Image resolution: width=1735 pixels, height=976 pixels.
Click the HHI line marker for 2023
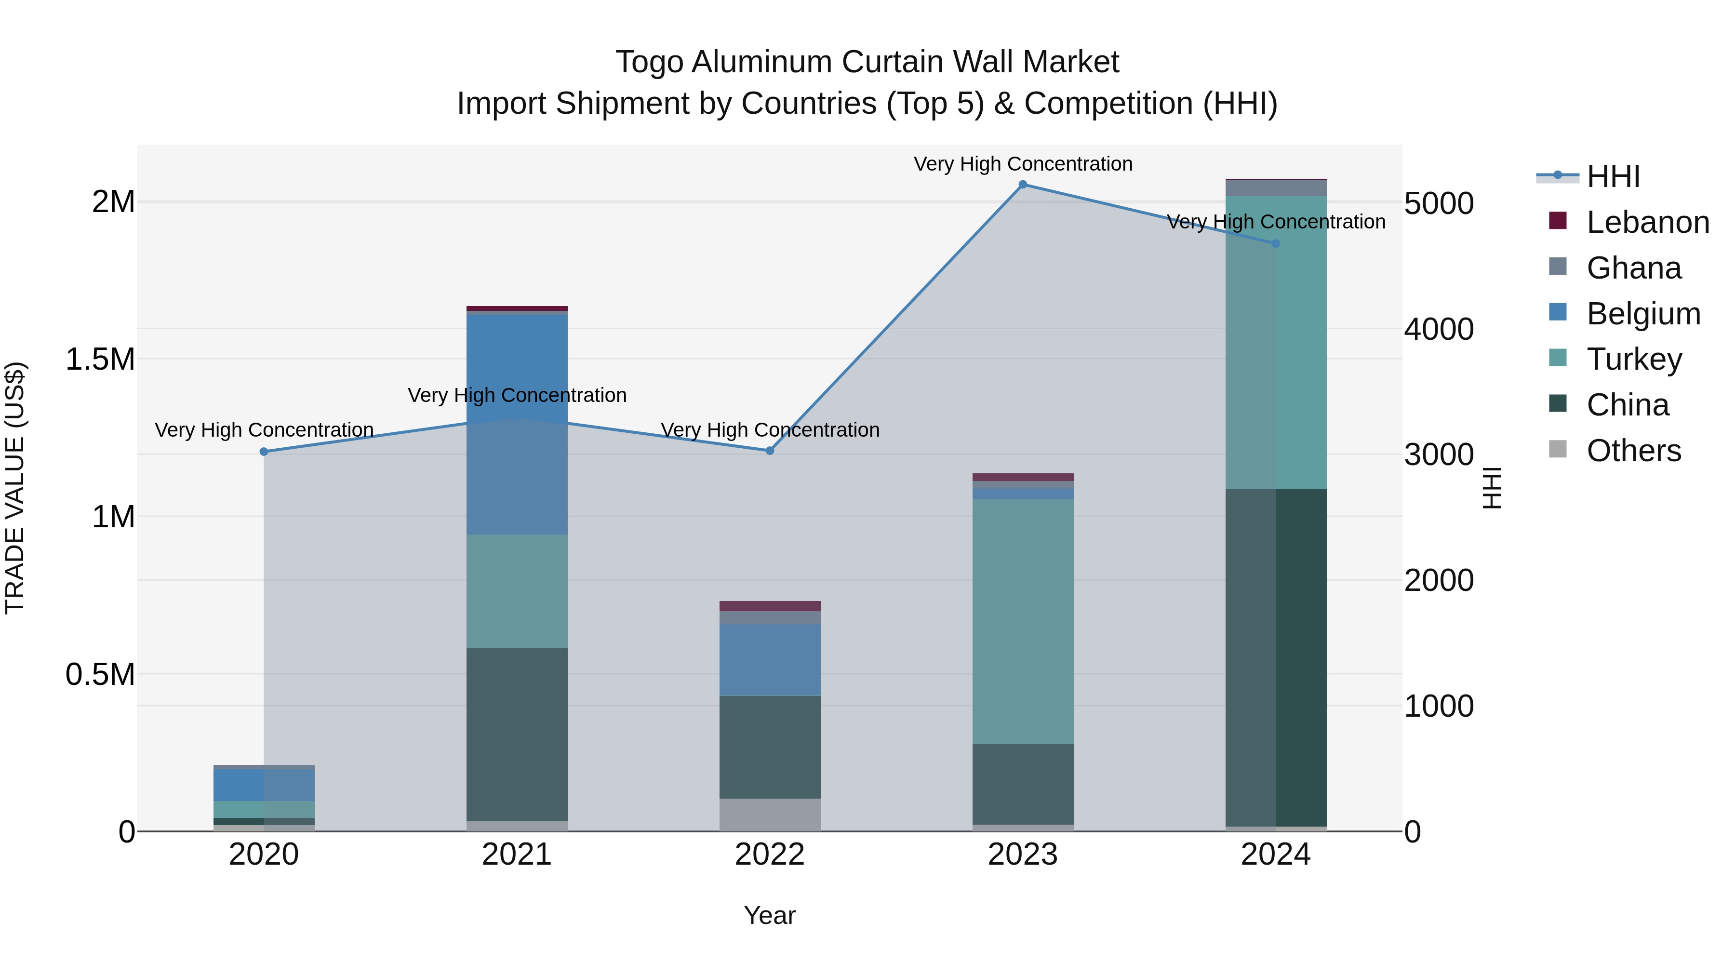coord(1022,185)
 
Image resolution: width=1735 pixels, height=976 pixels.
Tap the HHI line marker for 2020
coord(264,452)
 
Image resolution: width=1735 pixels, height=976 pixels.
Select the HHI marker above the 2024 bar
coord(1276,244)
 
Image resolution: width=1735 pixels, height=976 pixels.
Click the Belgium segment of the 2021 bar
coord(517,424)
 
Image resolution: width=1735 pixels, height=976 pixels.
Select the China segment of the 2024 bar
coord(1276,657)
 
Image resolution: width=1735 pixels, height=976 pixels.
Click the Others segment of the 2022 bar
coord(770,815)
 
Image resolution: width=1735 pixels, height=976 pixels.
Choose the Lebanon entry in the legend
coord(1647,222)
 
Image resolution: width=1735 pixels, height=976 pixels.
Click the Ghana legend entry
coord(1633,268)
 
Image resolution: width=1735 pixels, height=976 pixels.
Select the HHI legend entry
coord(1613,176)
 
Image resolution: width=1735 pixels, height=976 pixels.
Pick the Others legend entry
coord(1633,451)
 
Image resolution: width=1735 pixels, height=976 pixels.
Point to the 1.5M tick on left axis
coord(100,359)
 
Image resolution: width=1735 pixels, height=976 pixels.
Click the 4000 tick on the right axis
coord(1439,329)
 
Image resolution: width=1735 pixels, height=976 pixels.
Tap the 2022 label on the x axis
coord(770,855)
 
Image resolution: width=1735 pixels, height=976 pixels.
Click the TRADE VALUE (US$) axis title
coord(15,488)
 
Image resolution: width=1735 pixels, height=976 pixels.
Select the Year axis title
coord(770,915)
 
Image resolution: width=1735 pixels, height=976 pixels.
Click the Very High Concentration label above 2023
coord(1022,164)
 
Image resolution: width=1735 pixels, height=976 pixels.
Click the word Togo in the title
coord(650,62)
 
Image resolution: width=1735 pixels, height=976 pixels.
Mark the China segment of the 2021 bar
coord(517,734)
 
